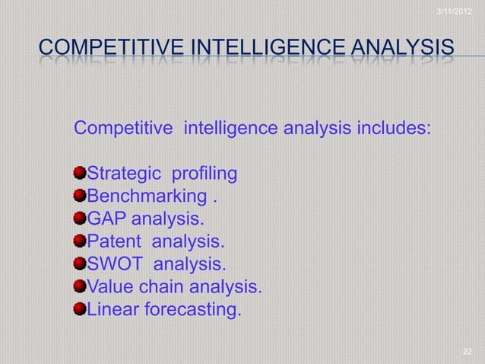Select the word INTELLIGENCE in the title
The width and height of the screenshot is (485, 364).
(x=265, y=49)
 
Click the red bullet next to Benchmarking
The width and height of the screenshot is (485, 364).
(x=81, y=198)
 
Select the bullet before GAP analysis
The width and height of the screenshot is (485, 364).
(x=81, y=220)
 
